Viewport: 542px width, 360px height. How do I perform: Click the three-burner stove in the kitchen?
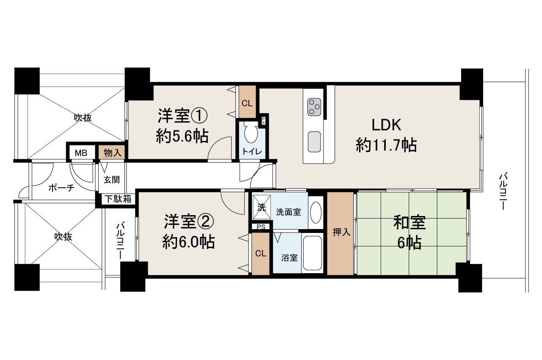(x=314, y=106)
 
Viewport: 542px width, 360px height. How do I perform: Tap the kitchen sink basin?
(x=314, y=141)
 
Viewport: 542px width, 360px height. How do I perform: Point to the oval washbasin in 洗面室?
(x=315, y=212)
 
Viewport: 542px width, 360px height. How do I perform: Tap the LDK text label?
(x=386, y=125)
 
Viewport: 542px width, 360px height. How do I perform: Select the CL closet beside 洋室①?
(x=247, y=103)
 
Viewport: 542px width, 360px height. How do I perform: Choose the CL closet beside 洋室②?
(x=260, y=254)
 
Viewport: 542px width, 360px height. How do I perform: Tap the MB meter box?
(x=81, y=153)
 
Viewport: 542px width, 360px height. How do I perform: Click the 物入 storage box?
(x=113, y=153)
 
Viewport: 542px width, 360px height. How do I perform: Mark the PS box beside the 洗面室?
(x=261, y=227)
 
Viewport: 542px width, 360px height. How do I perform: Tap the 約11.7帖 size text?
(x=386, y=145)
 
